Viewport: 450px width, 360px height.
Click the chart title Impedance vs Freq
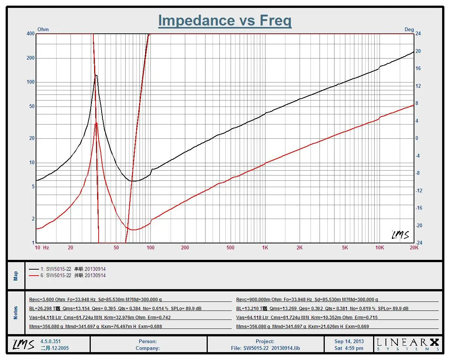click(x=225, y=20)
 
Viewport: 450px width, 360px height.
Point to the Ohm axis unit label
click(x=43, y=29)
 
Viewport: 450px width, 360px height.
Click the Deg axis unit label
click(x=409, y=29)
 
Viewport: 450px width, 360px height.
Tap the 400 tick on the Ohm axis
click(x=30, y=34)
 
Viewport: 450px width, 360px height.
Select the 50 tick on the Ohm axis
click(x=32, y=106)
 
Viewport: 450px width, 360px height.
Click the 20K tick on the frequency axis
click(x=414, y=248)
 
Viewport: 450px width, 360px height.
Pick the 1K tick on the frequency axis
click(x=265, y=248)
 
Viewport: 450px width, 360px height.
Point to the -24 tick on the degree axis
click(x=419, y=243)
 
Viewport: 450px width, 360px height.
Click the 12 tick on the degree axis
click(x=418, y=86)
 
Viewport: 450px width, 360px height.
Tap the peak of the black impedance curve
click(x=96, y=75)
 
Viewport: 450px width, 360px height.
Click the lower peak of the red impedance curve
click(x=96, y=123)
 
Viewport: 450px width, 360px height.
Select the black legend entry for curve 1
click(x=67, y=269)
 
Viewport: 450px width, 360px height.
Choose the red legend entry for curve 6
click(x=67, y=275)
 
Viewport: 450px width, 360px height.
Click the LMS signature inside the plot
click(x=400, y=235)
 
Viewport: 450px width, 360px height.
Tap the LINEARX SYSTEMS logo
click(x=408, y=344)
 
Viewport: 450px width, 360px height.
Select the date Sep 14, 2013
click(x=349, y=341)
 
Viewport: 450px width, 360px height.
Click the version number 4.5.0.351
click(x=50, y=341)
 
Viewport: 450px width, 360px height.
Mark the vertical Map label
click(x=16, y=276)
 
